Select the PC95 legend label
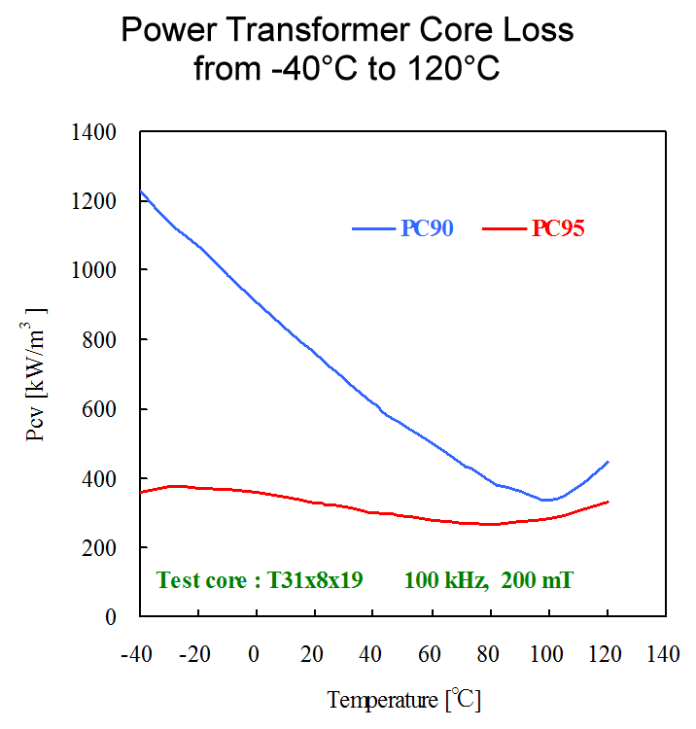tap(558, 228)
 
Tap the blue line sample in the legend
tap(374, 229)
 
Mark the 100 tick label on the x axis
tap(548, 653)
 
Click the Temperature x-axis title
tap(383, 699)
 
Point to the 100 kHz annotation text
tap(444, 581)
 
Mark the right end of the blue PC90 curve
tap(608, 462)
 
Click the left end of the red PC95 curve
tap(142, 493)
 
